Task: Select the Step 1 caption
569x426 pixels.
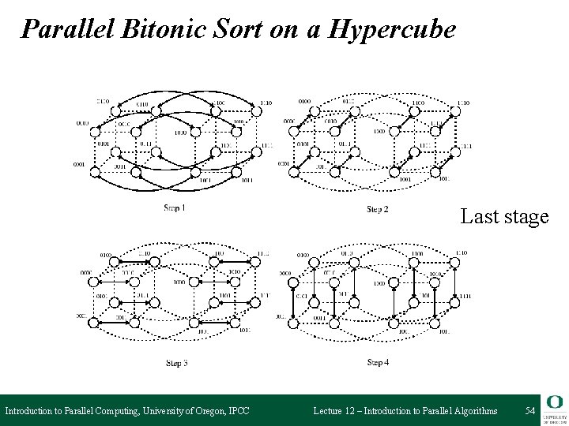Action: [x=175, y=208]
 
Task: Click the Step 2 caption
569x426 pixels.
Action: [x=378, y=209]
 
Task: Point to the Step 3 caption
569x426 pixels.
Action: [x=176, y=363]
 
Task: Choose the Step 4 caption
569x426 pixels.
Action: [x=379, y=362]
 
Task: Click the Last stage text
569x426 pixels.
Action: [x=504, y=216]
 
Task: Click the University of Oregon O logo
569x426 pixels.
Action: [x=553, y=403]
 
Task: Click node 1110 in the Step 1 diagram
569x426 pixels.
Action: [x=254, y=111]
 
